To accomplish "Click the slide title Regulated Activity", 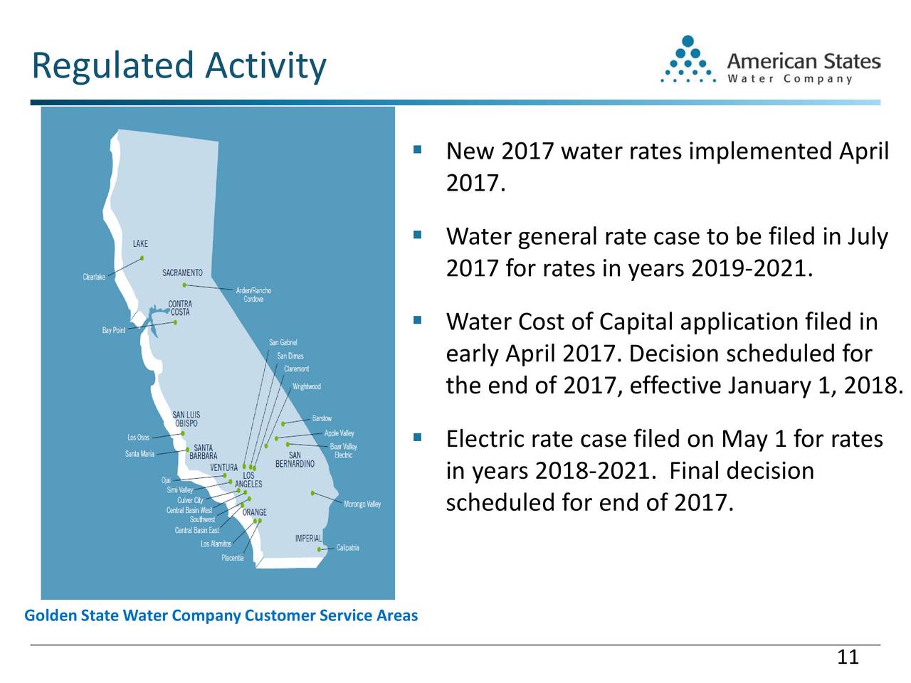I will point(179,66).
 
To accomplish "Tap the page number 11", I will point(848,657).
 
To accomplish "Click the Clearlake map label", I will point(94,277).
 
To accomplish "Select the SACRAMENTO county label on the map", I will point(182,273).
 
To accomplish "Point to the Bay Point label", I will point(113,330).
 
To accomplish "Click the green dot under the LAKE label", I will point(142,258).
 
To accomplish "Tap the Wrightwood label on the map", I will point(307,387).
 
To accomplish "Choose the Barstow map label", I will point(322,418).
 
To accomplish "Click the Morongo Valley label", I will point(362,504).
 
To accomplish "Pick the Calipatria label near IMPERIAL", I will point(347,548).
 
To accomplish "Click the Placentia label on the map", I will point(232,558).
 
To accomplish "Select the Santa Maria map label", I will point(139,454).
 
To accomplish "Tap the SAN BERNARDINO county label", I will point(295,460).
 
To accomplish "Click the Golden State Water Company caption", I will point(221,615).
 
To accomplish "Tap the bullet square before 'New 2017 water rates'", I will point(418,150).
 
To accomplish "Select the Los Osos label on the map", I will point(138,438).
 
